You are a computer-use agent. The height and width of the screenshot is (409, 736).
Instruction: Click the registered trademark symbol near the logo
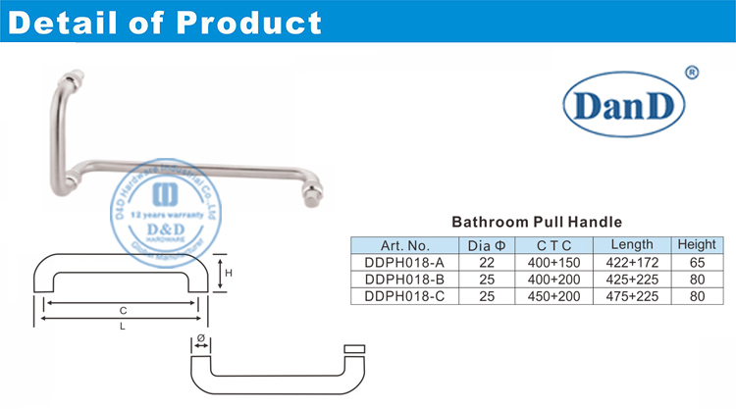(x=691, y=72)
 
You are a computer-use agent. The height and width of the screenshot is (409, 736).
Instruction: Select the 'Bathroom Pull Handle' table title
(x=537, y=223)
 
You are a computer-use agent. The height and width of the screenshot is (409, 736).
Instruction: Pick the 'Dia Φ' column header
(x=487, y=245)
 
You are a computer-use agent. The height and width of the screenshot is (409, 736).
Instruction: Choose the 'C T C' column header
(x=554, y=245)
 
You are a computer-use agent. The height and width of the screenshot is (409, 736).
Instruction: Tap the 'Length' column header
(x=632, y=245)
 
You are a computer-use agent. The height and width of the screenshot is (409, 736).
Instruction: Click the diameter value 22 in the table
(x=487, y=262)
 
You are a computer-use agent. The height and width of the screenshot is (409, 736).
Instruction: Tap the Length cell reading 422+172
(x=632, y=262)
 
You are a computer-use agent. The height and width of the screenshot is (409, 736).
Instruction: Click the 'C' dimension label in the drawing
(x=124, y=310)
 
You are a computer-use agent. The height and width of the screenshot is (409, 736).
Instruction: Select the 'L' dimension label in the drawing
(x=124, y=327)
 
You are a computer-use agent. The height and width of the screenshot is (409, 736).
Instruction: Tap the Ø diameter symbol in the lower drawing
(x=200, y=340)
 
